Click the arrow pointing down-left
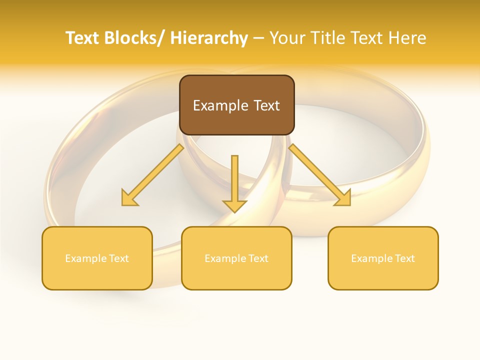tap(152, 175)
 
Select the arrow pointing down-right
tap(320, 175)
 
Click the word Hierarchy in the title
tap(209, 38)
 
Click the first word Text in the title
tap(82, 38)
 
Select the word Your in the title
tap(288, 38)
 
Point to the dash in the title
tap(258, 38)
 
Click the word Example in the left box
tap(85, 258)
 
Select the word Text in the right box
tap(404, 258)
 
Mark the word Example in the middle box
tap(225, 258)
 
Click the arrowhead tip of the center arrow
tap(234, 211)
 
